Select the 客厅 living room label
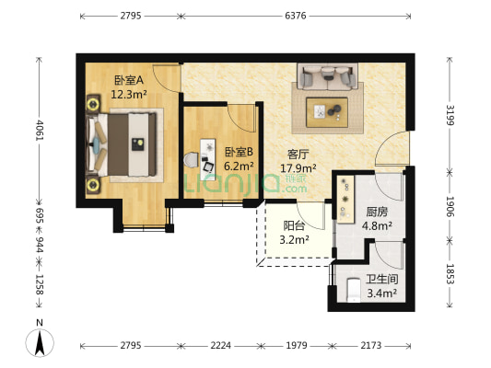click(x=298, y=155)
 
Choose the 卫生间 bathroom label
click(x=380, y=281)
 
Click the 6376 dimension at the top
click(x=296, y=16)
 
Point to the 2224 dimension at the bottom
click(x=220, y=346)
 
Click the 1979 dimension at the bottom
click(x=296, y=346)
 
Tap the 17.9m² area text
click(x=298, y=167)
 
